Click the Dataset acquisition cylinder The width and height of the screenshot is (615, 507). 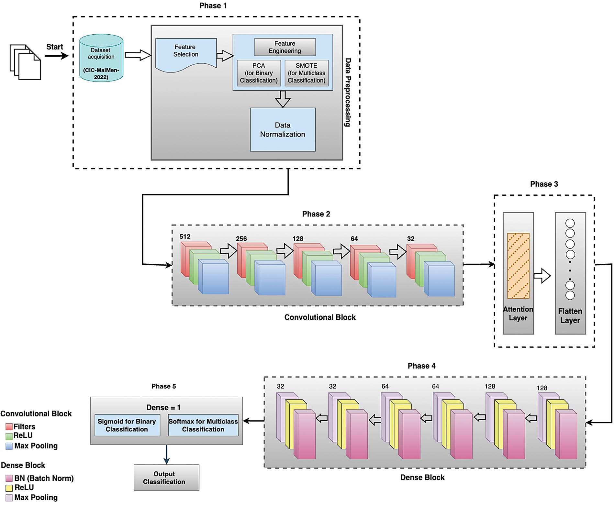point(101,58)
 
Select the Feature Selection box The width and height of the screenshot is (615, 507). point(186,52)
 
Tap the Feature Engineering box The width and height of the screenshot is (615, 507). point(285,47)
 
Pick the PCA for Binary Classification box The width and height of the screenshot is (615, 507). point(259,73)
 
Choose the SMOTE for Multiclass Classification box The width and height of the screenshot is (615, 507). point(307,73)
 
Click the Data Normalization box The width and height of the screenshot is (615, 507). point(283,129)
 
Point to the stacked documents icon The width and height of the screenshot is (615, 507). point(25,62)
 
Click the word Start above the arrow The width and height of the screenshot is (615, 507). point(54,47)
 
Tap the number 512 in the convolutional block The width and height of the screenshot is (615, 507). point(185,237)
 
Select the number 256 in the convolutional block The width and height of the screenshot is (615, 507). point(241,239)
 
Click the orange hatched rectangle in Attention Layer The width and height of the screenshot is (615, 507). point(518,266)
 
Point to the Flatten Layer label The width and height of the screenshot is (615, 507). point(570,316)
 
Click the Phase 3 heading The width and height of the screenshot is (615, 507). point(544,184)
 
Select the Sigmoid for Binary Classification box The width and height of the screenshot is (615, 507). point(127,425)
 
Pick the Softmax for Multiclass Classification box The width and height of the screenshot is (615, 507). point(203,425)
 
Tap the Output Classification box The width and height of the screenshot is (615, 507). point(166,478)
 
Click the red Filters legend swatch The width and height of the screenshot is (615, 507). point(9,427)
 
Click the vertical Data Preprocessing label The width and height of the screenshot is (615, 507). point(348,93)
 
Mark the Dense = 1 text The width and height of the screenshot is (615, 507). point(163,407)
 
